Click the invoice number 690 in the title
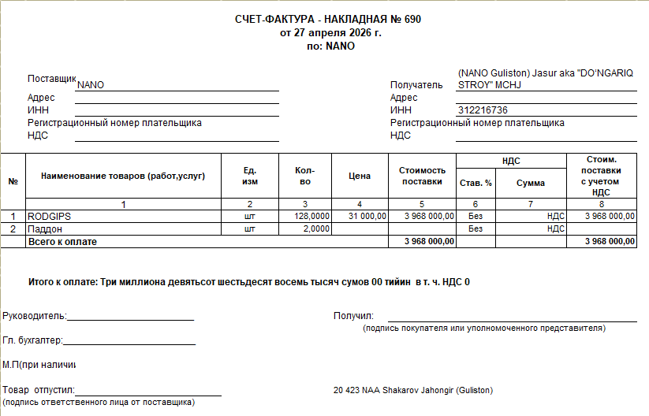click(x=412, y=20)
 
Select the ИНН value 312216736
click(x=482, y=110)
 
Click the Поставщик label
click(x=51, y=79)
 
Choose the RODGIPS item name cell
click(x=50, y=215)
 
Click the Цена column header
click(x=360, y=176)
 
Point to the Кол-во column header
click(x=305, y=176)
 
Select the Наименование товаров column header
click(x=123, y=176)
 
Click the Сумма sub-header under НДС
click(x=531, y=183)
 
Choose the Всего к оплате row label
click(x=62, y=242)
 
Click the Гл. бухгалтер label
click(x=32, y=340)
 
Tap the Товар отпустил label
click(x=38, y=390)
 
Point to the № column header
click(x=13, y=180)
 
